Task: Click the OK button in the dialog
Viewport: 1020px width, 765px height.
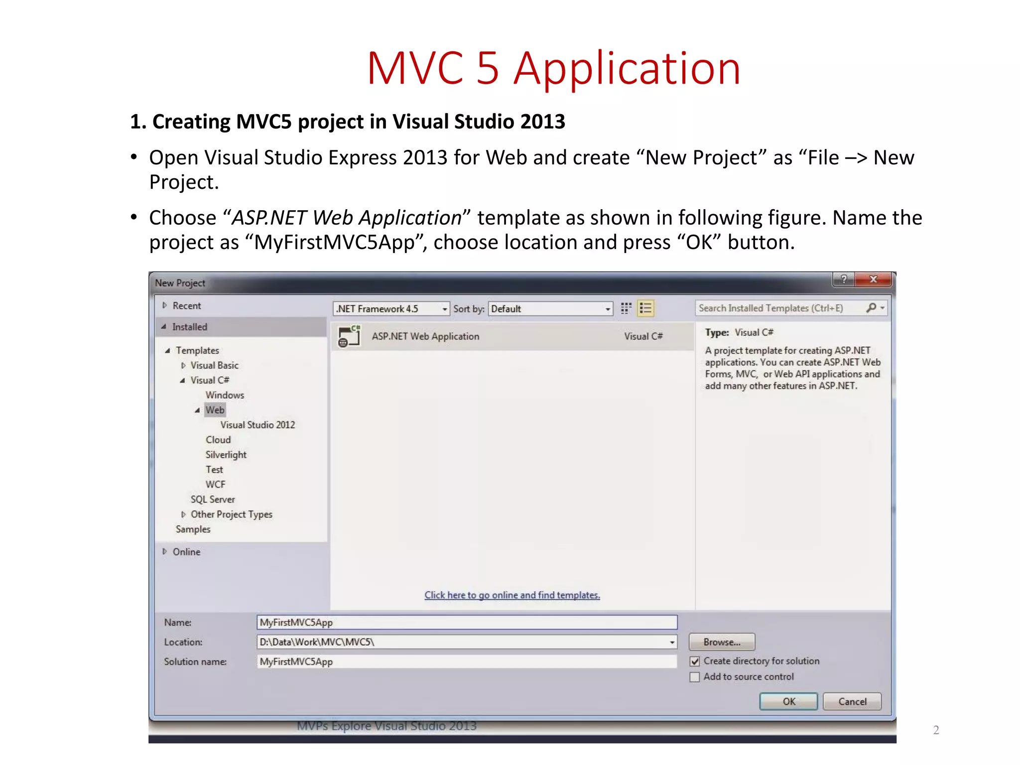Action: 788,701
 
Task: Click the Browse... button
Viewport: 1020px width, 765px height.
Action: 722,642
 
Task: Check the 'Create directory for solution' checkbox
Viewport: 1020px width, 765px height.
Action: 695,661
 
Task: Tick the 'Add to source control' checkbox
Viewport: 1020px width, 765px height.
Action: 695,677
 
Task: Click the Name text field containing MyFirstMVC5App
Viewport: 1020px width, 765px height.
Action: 467,622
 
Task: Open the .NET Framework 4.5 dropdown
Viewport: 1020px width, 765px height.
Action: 391,309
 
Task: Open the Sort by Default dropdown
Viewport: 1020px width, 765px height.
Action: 550,309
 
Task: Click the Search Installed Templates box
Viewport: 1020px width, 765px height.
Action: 779,308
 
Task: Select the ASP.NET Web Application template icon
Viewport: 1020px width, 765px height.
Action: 349,336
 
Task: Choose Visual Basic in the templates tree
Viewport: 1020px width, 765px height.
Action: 215,365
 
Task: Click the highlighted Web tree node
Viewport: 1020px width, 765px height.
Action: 215,410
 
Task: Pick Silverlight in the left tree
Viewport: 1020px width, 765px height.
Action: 226,455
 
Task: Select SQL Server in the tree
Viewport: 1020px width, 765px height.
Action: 213,499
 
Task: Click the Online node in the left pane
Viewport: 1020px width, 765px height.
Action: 187,552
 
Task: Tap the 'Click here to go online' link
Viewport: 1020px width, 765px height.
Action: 512,595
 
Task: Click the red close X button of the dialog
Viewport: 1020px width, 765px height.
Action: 873,279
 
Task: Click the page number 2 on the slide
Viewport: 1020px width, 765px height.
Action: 936,730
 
